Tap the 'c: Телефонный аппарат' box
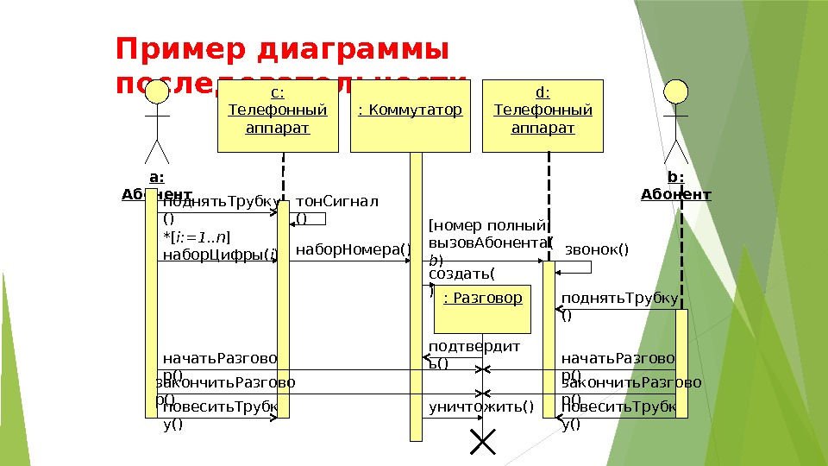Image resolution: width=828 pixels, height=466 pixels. click(x=278, y=116)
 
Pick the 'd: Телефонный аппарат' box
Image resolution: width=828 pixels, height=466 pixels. click(x=543, y=116)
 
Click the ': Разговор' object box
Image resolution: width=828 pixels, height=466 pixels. click(x=482, y=310)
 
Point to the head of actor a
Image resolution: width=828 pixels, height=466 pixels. click(x=157, y=92)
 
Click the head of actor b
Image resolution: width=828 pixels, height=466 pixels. click(x=676, y=92)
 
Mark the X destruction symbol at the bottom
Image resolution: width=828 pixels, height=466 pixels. click(x=482, y=441)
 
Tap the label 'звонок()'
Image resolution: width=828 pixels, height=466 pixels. click(x=597, y=250)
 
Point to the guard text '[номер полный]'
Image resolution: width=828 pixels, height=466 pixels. click(x=487, y=226)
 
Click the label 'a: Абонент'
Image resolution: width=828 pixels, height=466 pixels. click(x=157, y=186)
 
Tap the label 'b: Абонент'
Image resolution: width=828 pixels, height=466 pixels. click(x=676, y=186)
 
